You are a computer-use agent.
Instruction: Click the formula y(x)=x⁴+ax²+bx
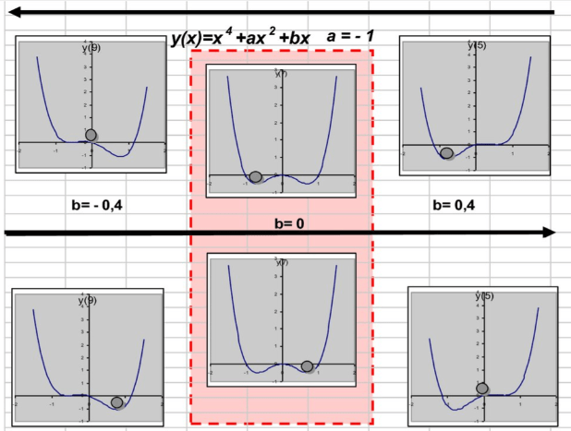[x=239, y=39]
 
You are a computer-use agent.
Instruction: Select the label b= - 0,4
[x=96, y=203]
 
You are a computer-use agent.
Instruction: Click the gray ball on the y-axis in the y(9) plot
[x=91, y=136]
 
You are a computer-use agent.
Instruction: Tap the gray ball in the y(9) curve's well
[x=116, y=401]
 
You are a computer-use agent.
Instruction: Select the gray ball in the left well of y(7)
[x=256, y=176]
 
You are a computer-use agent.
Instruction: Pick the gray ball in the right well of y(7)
[x=307, y=366]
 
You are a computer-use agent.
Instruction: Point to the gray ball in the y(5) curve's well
[x=446, y=153]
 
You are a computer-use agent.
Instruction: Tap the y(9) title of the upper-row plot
[x=91, y=48]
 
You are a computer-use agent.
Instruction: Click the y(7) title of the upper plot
[x=281, y=73]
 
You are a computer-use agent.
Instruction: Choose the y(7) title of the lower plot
[x=281, y=263]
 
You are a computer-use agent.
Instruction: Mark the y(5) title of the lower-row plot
[x=483, y=296]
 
